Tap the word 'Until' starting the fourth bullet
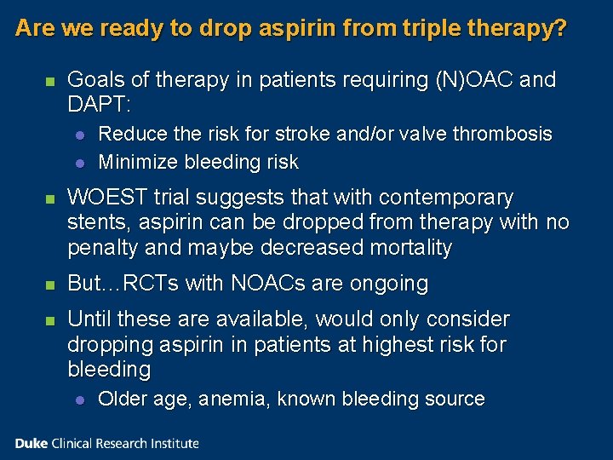coord(89,320)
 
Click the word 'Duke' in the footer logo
coord(32,443)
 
